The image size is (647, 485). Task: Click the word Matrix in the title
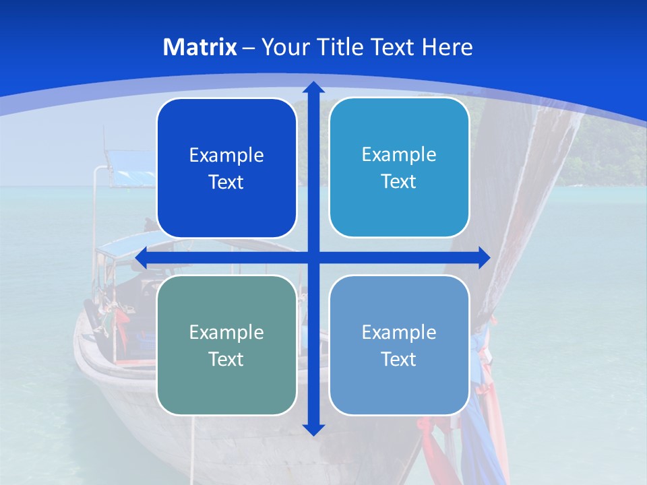pyautogui.click(x=200, y=47)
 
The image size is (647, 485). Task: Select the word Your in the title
pyautogui.click(x=282, y=47)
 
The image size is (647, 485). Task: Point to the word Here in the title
pyautogui.click(x=448, y=47)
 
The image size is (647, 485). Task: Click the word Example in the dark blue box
pyautogui.click(x=226, y=156)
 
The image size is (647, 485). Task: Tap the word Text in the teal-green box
pyautogui.click(x=226, y=359)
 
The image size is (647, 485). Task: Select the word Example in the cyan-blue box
pyautogui.click(x=399, y=155)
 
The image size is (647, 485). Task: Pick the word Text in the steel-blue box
pyautogui.click(x=399, y=359)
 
